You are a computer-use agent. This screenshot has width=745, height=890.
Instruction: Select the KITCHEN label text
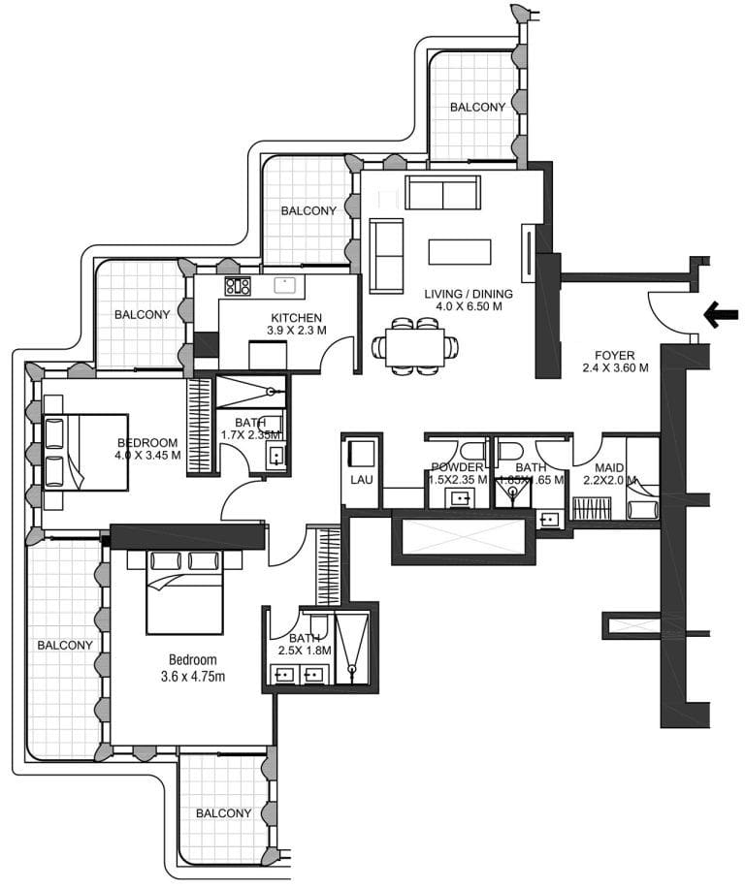coord(296,318)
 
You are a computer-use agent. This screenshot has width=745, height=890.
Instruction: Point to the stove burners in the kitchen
coord(238,285)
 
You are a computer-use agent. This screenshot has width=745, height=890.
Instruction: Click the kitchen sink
coord(285,285)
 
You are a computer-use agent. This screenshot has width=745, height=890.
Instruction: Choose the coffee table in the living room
coord(461,252)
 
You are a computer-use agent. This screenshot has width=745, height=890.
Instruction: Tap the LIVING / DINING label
coord(468,295)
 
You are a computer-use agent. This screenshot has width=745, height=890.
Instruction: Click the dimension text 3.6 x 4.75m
coord(192,676)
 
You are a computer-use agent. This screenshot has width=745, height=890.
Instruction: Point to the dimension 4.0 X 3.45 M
coord(147,456)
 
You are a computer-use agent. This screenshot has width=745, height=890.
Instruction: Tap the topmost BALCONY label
coord(476,108)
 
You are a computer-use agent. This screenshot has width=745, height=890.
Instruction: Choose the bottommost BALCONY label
coord(223,813)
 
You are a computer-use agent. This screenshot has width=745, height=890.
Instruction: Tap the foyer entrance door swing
coord(672,312)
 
